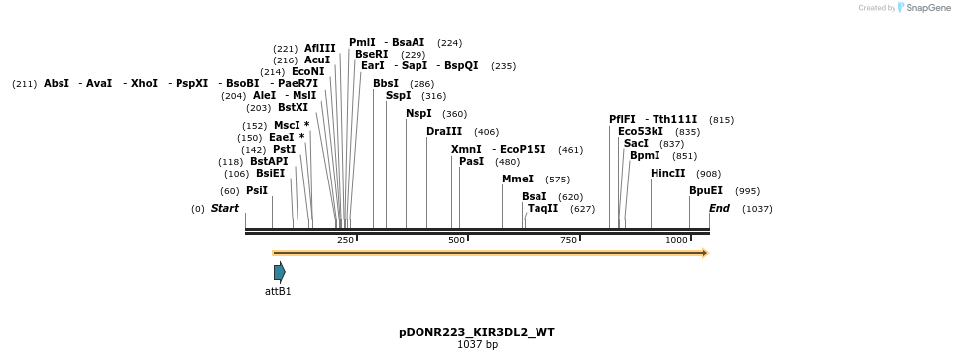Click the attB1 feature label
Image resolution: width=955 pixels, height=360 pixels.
click(x=278, y=291)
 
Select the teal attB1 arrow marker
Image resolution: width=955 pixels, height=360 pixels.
click(x=280, y=272)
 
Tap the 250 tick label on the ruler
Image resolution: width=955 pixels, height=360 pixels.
click(x=345, y=240)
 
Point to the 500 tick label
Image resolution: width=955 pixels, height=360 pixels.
click(x=457, y=240)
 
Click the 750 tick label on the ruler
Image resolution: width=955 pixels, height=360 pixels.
click(x=569, y=240)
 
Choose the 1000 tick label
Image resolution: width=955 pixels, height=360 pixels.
click(x=678, y=240)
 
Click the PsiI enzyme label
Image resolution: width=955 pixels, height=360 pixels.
click(x=257, y=190)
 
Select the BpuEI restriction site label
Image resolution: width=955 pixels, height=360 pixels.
click(x=706, y=190)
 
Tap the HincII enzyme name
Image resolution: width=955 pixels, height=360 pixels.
click(x=667, y=173)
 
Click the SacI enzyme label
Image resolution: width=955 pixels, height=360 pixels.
click(x=636, y=143)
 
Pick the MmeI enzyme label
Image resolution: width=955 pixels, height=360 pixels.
click(x=518, y=180)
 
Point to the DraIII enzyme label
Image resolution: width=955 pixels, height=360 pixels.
click(x=444, y=131)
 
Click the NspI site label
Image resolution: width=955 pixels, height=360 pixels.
click(x=418, y=113)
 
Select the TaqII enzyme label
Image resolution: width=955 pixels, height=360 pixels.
click(x=542, y=208)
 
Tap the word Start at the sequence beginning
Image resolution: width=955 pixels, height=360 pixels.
click(x=225, y=208)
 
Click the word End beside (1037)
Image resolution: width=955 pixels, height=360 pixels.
click(x=719, y=208)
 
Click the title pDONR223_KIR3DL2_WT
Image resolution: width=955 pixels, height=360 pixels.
click(x=477, y=332)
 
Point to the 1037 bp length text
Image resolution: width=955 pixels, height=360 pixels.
click(x=477, y=344)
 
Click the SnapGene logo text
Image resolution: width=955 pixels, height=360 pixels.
click(x=924, y=8)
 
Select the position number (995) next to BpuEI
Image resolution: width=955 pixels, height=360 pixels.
click(x=747, y=191)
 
